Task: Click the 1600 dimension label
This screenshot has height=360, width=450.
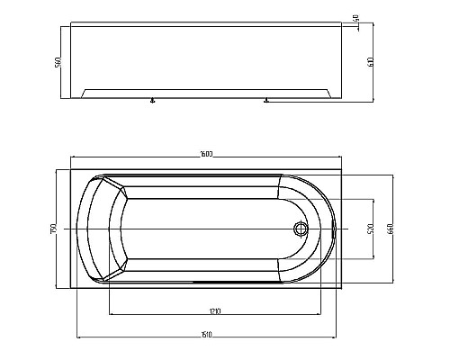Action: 206,157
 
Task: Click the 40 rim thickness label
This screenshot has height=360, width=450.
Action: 356,18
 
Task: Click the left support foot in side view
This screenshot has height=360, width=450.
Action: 153,102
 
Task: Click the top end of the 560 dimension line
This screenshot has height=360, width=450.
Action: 62,26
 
